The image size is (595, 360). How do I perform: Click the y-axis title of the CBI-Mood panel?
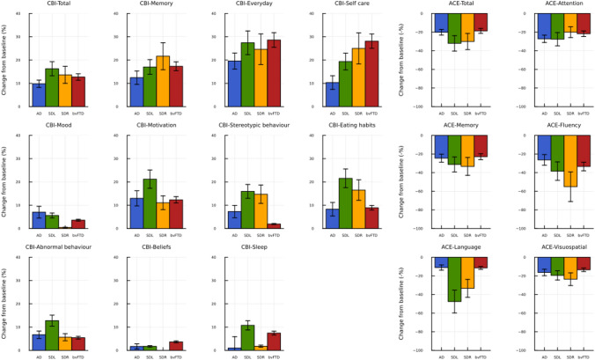(7, 181)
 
